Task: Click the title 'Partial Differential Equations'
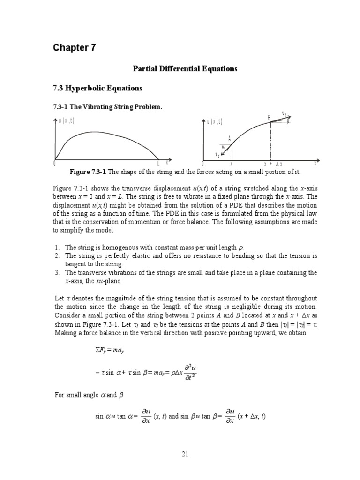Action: point(183,69)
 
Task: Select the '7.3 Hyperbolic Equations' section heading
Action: point(97,88)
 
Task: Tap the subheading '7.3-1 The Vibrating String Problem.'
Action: point(107,107)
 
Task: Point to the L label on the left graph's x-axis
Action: point(158,164)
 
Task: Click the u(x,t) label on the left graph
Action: point(67,120)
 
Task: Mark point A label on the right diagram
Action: point(230,138)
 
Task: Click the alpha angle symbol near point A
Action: point(223,146)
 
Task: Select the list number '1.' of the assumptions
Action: point(56,247)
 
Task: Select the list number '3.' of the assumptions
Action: point(56,272)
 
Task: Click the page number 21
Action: point(184,454)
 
